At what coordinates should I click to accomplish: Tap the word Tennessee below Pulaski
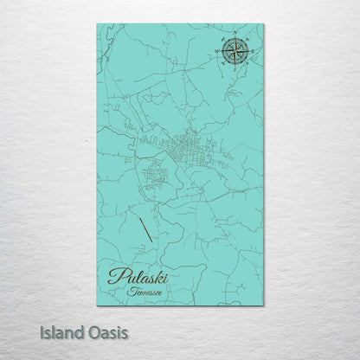pos(147,292)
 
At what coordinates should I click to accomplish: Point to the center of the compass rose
pos(233,52)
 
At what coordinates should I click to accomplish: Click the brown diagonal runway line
pos(146,226)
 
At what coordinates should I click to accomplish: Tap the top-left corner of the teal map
pos(97,25)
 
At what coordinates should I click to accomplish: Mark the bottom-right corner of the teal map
pos(263,305)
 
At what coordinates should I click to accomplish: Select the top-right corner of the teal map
pos(263,25)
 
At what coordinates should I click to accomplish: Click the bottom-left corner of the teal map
pos(97,305)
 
